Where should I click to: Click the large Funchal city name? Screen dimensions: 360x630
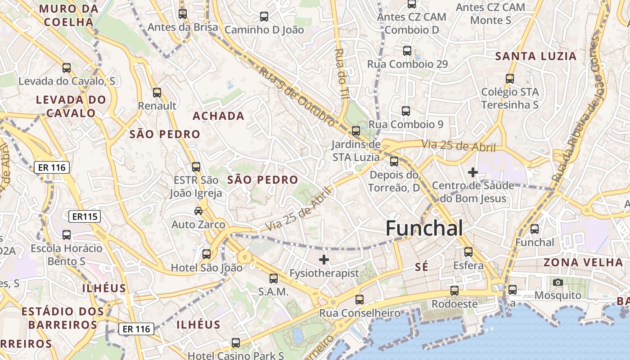coord(424,229)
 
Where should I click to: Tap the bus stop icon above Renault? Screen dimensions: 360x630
coord(157,93)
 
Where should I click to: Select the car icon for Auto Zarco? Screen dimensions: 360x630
coord(198,211)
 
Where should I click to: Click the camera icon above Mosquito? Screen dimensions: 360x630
coord(558,282)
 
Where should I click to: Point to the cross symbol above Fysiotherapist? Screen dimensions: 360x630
coord(324,259)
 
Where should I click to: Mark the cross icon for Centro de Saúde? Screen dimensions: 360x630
coord(472,172)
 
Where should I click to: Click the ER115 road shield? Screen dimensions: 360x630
coord(85,216)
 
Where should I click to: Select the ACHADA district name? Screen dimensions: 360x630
coord(218,116)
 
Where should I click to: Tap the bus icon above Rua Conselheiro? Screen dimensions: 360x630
coord(359,299)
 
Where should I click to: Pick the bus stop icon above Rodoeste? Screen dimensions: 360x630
coord(454,290)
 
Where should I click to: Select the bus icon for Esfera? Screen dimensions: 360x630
coord(468,252)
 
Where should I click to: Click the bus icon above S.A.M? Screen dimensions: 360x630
coord(273,278)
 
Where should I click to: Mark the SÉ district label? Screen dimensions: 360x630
coord(422,267)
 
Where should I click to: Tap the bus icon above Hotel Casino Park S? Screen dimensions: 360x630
coord(235,342)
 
